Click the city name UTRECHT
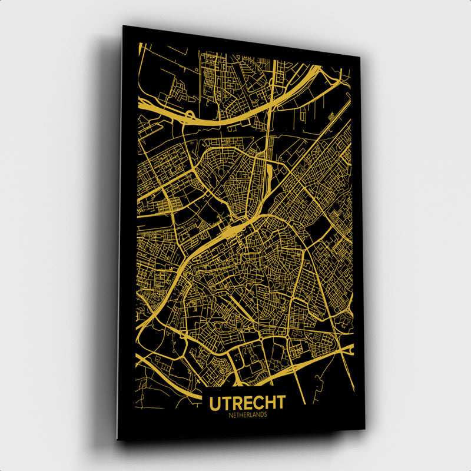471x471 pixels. click(x=247, y=403)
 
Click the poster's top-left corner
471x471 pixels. click(x=123, y=26)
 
